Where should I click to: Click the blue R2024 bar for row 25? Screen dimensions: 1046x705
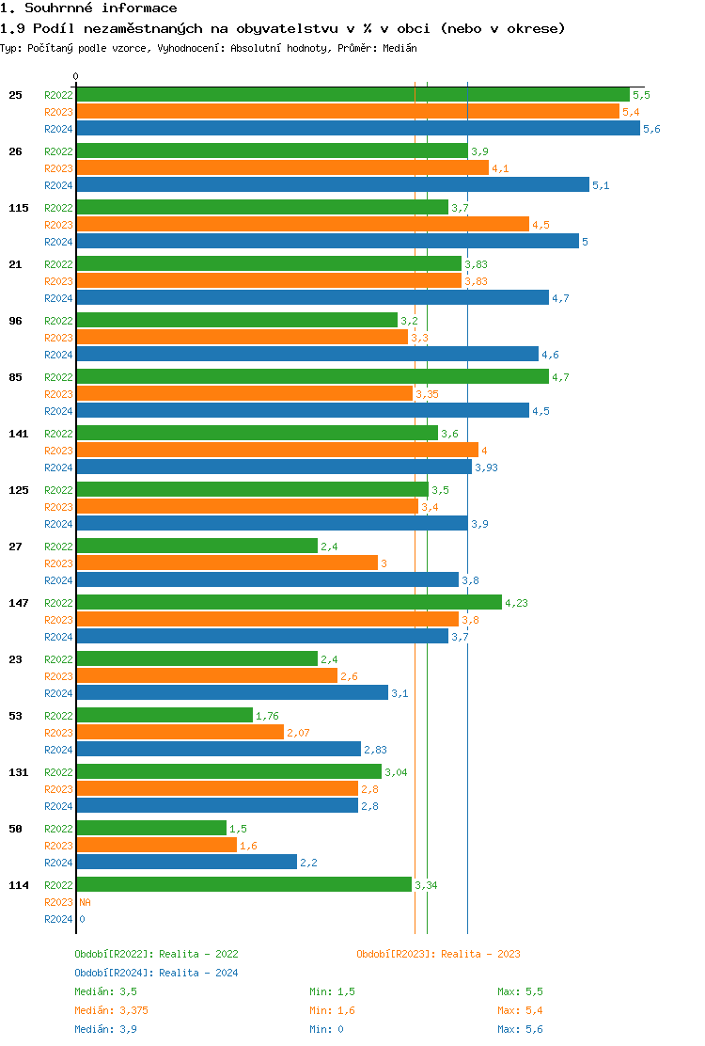tap(357, 129)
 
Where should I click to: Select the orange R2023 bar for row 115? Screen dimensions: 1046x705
tap(303, 225)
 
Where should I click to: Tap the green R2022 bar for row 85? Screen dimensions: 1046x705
tap(312, 377)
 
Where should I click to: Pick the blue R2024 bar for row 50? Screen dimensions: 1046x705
tap(186, 863)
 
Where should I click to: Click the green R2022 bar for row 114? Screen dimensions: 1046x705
tap(243, 885)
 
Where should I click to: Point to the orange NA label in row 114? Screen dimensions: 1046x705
tap(85, 902)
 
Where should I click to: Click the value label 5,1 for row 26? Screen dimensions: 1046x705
tap(601, 185)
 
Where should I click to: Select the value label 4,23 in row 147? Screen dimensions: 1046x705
tap(516, 603)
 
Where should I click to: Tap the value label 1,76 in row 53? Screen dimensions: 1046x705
tap(268, 716)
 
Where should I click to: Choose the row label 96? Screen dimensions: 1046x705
tap(16, 321)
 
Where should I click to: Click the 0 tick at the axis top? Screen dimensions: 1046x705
tap(76, 76)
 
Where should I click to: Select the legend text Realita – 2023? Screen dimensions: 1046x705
tap(479, 954)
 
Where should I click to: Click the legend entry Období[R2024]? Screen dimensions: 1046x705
tap(114, 973)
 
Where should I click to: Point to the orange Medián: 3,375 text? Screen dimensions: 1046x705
tap(111, 1010)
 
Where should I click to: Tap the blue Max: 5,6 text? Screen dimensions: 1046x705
tap(520, 1029)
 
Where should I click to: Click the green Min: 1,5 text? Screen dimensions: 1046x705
tap(332, 991)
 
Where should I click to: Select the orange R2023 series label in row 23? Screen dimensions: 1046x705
tap(58, 676)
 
